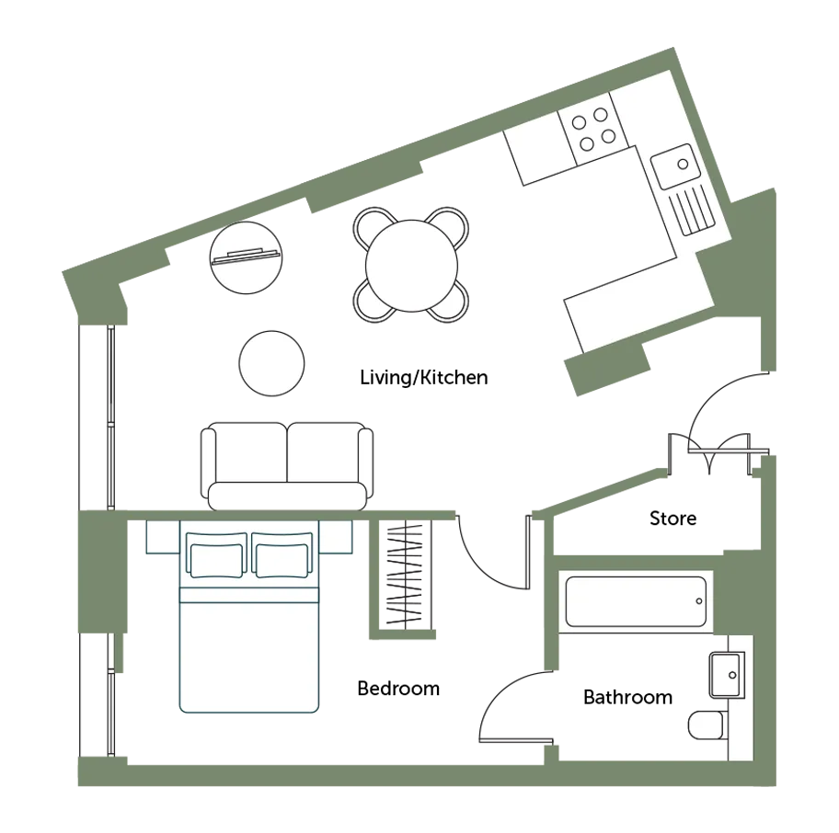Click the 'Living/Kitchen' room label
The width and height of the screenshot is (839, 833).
(x=424, y=378)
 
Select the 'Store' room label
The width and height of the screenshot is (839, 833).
(x=673, y=518)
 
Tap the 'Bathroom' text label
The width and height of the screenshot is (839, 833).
(x=627, y=697)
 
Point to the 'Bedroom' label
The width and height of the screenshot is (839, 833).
(x=398, y=688)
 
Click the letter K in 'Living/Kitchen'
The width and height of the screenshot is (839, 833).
(x=426, y=378)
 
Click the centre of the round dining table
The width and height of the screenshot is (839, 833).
(x=411, y=266)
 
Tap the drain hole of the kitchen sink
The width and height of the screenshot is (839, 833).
(x=683, y=165)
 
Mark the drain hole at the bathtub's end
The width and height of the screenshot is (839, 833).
(x=699, y=601)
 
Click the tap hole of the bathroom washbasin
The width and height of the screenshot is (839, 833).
(x=732, y=675)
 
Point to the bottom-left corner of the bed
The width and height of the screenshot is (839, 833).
(x=179, y=713)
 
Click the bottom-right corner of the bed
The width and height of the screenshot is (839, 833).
(x=319, y=713)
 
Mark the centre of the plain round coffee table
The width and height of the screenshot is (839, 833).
(x=271, y=363)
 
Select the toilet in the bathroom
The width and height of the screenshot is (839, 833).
(x=708, y=725)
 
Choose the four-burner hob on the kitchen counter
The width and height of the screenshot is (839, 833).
(x=592, y=129)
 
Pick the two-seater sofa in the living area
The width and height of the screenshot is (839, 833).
(x=287, y=466)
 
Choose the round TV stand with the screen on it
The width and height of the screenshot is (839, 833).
(x=246, y=257)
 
